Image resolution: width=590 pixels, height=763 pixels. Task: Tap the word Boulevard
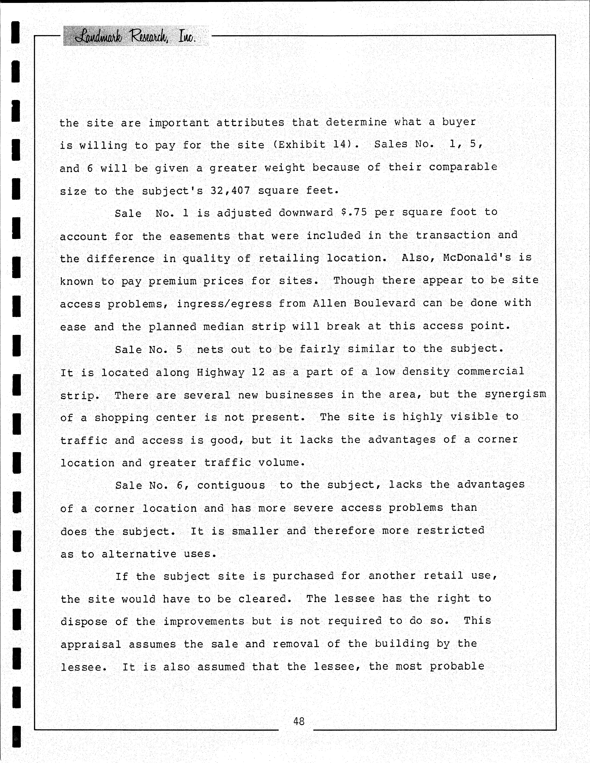pyautogui.click(x=384, y=303)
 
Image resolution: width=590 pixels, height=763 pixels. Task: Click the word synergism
pyautogui.click(x=515, y=394)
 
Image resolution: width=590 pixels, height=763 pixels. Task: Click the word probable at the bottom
pyautogui.click(x=457, y=667)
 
